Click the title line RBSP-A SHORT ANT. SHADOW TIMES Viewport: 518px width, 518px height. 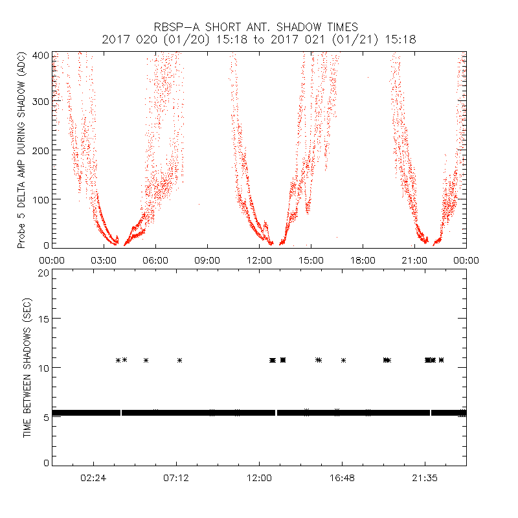258,27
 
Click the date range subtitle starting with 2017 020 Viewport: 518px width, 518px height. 258,39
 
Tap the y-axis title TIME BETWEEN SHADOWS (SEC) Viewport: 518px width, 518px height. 27,368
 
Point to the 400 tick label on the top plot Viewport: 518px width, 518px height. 40,55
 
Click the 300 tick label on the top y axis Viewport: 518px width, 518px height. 40,102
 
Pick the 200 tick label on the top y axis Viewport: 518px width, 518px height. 40,150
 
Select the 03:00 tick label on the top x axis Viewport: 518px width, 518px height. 104,260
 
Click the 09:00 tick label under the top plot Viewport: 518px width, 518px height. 207,260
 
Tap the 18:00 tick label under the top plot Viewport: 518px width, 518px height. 363,260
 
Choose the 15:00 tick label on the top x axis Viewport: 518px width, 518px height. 311,260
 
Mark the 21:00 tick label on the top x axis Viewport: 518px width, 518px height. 414,260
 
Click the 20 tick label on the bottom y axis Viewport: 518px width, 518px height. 43,273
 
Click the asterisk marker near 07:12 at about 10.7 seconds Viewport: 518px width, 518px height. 180,360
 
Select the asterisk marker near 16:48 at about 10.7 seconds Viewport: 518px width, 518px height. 344,360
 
